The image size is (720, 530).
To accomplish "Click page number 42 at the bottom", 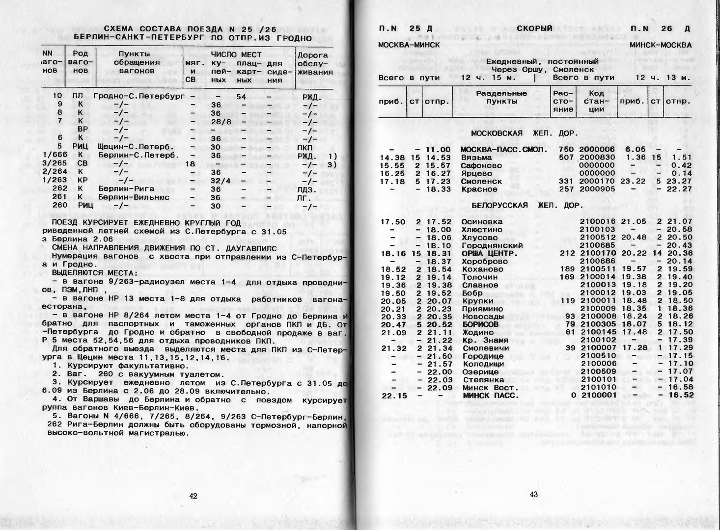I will [193, 496].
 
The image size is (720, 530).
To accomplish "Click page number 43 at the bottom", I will [534, 495].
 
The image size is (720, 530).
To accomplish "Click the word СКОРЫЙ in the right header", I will [534, 28].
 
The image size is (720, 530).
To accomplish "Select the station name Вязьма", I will [476, 158].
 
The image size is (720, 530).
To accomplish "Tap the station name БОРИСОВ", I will [480, 324].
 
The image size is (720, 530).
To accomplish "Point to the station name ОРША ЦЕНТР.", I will [490, 253].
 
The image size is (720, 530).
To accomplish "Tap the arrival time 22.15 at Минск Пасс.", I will [393, 396].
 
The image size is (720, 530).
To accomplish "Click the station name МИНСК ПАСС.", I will [490, 396].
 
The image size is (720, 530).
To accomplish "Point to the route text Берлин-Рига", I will [126, 189].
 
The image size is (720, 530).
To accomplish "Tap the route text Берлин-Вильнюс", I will [134, 197].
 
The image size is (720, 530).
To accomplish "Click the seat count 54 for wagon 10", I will [241, 97].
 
